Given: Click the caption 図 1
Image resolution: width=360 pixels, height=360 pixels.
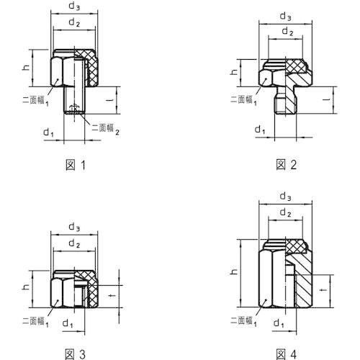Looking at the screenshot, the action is click(76, 165).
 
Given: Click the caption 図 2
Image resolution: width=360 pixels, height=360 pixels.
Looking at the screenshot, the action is click(287, 165).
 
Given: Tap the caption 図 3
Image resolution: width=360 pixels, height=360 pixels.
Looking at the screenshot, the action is click(76, 354).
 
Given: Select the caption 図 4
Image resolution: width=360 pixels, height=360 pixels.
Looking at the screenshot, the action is click(287, 354).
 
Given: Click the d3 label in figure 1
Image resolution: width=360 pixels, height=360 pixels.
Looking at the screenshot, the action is click(74, 6).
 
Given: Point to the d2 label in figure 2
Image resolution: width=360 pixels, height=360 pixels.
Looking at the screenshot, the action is click(287, 32).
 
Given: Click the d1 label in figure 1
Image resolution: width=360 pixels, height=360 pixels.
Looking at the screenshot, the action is click(48, 132).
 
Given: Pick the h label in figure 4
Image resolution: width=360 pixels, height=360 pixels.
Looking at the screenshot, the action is click(233, 271).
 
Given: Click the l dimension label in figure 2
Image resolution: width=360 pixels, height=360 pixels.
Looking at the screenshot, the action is click(326, 99).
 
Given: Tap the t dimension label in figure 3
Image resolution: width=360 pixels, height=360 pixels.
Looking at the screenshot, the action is click(112, 295).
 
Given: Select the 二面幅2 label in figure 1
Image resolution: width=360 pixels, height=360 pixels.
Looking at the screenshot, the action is click(106, 129).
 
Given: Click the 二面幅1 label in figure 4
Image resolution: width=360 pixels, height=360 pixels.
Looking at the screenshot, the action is click(243, 321).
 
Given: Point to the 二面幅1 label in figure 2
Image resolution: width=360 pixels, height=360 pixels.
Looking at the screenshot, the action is click(243, 100).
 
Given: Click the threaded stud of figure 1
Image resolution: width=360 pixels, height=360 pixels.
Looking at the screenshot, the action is click(74, 100).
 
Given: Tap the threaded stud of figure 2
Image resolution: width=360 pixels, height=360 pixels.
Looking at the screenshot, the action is click(286, 100).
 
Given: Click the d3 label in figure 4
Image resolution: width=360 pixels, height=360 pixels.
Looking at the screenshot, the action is click(286, 197).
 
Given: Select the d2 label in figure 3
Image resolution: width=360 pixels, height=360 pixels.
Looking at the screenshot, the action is click(74, 243).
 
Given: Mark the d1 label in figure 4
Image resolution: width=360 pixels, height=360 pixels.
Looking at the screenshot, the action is click(279, 323).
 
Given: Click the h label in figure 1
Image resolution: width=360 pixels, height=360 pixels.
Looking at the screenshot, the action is click(26, 67).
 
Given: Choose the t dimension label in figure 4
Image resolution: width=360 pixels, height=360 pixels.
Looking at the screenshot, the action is click(324, 290).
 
